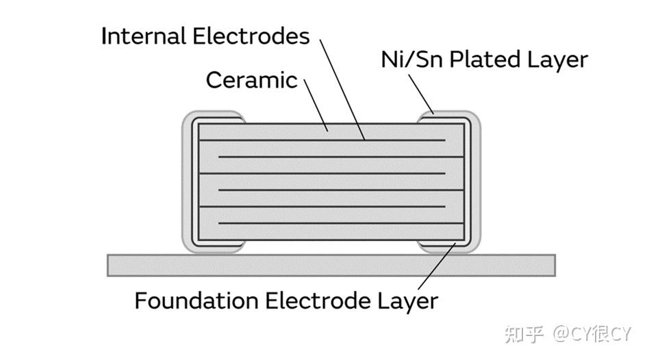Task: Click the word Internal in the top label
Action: (x=142, y=36)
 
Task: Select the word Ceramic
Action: (x=251, y=80)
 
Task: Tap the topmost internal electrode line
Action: (x=322, y=141)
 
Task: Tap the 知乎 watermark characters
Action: (x=523, y=334)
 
